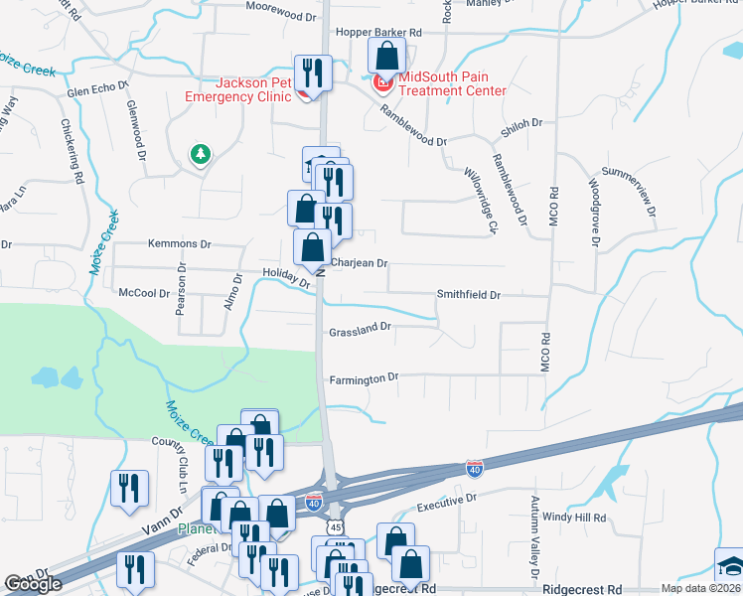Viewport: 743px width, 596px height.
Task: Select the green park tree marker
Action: (202, 154)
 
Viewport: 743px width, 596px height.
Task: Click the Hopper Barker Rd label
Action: (378, 33)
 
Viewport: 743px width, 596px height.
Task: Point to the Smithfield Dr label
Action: (469, 295)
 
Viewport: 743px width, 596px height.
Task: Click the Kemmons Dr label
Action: (179, 243)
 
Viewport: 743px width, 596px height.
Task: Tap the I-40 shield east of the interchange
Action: (474, 467)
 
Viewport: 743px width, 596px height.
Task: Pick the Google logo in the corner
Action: (33, 584)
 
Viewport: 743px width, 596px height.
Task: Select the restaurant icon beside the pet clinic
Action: (315, 73)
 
